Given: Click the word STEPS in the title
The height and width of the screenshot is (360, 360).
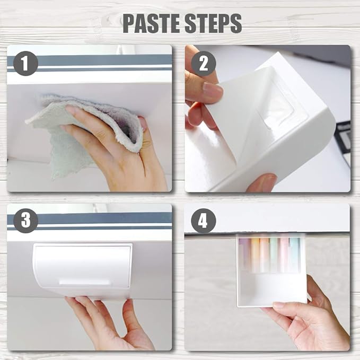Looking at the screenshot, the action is coord(213,23).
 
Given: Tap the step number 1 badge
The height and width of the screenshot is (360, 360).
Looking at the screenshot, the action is coord(25,64).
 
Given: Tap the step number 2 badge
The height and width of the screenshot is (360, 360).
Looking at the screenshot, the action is coord(204,64).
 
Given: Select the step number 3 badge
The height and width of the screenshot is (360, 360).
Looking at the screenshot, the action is coord(25,221).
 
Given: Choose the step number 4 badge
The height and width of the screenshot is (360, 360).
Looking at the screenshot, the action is coord(204,221).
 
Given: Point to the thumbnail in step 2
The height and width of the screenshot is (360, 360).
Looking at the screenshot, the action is coord(213,90).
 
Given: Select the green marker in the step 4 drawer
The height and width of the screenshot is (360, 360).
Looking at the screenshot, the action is coord(274,254).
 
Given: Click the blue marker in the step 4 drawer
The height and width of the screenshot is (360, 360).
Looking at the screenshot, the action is coord(294,254).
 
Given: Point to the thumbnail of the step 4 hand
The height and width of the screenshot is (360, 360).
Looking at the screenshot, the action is coord(279,305).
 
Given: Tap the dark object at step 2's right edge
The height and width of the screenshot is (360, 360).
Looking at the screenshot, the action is coord(344,142).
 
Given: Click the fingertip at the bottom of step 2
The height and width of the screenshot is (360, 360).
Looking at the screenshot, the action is coord(262,182).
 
